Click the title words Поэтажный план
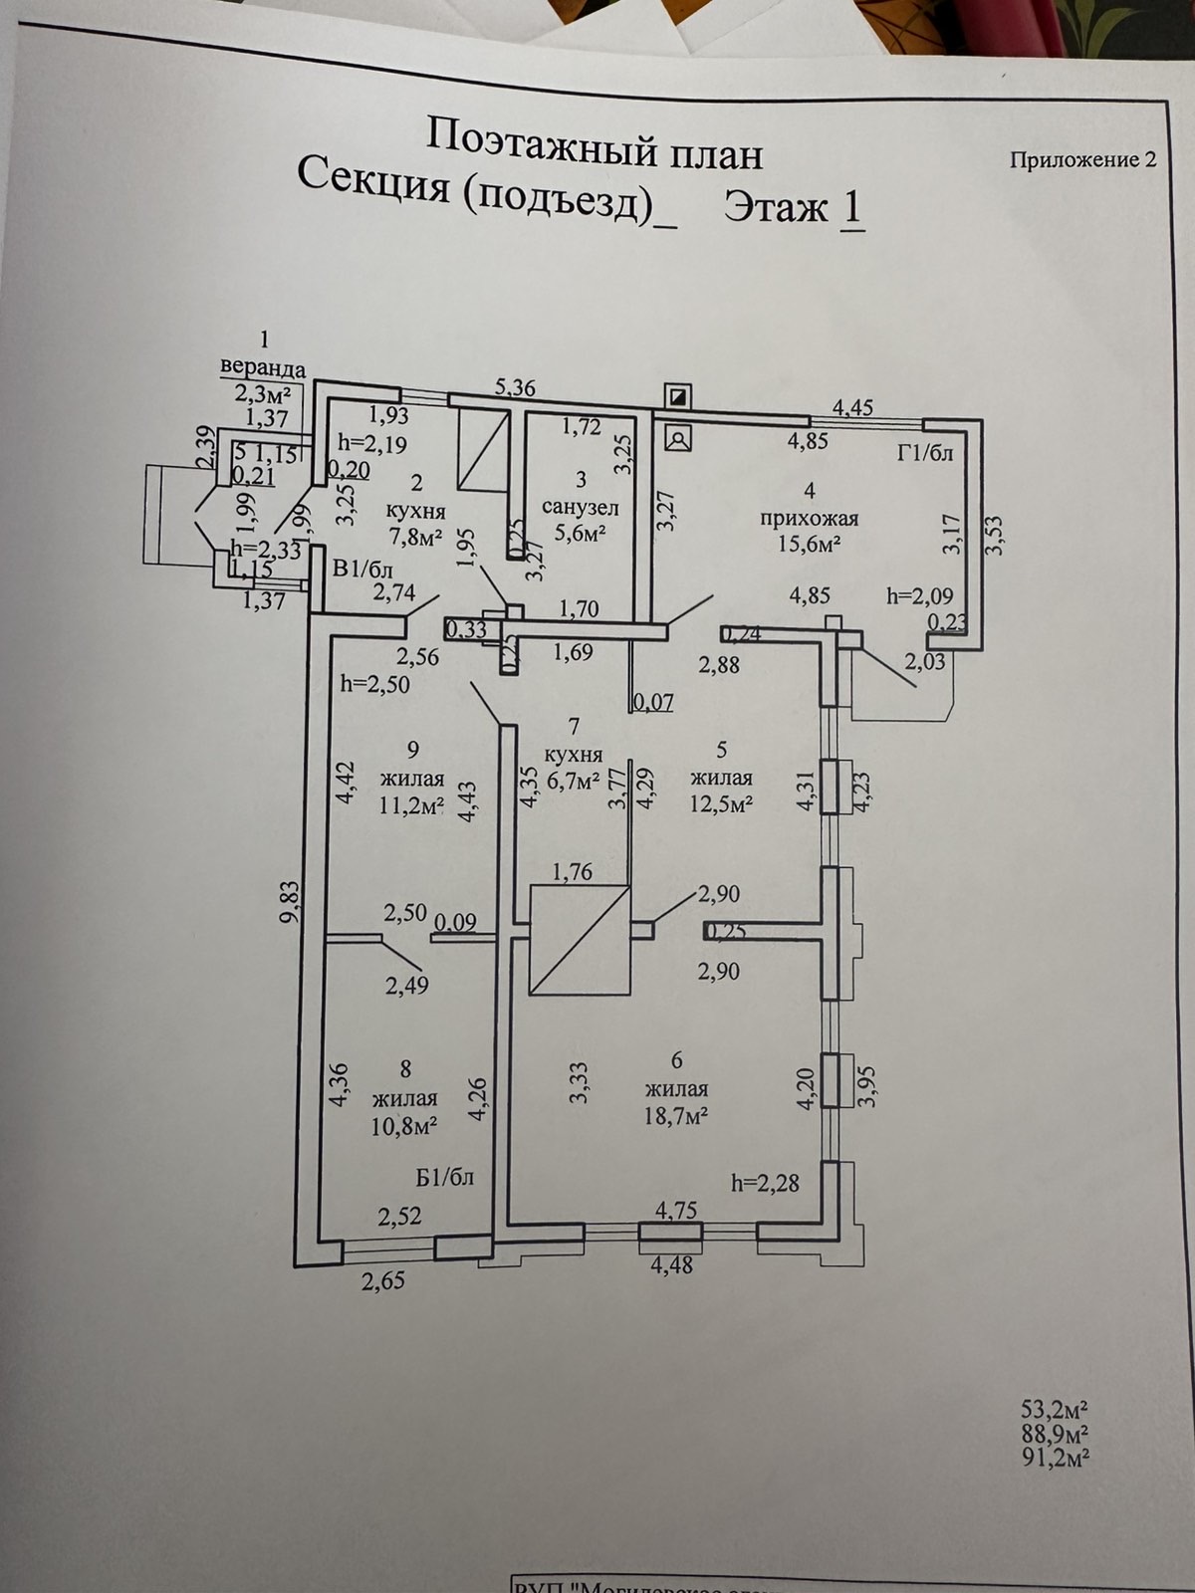(594, 154)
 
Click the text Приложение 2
(1082, 160)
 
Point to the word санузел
(581, 508)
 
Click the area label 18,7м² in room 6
(676, 1115)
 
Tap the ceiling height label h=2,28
(765, 1183)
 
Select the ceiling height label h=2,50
(374, 685)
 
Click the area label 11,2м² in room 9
(410, 805)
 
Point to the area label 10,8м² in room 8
(405, 1125)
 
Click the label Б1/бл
(444, 1178)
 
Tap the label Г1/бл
(925, 454)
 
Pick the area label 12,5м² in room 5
(722, 803)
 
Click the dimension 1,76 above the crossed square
(572, 872)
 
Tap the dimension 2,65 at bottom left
(383, 1280)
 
